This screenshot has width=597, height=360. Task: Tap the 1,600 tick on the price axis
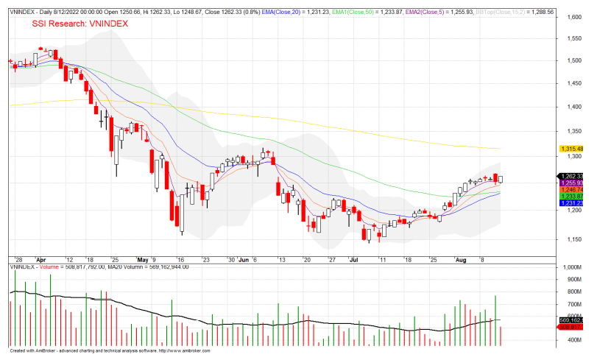569,17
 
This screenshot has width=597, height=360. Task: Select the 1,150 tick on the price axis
569,240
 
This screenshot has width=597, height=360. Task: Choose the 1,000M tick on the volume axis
570,269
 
